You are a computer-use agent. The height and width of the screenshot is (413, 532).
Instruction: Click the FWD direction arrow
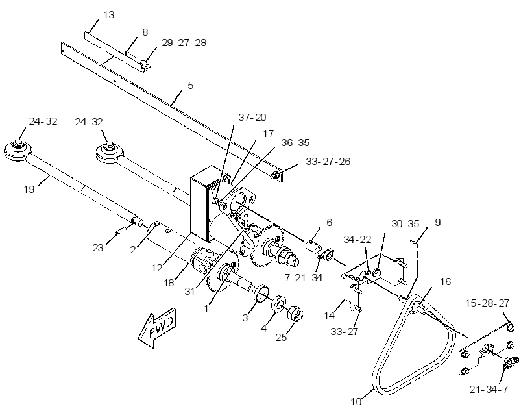click(157, 328)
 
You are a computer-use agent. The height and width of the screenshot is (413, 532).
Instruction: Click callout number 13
click(109, 15)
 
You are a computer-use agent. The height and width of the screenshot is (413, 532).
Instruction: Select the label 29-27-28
click(184, 43)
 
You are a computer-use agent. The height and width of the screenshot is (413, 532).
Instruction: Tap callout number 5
click(190, 85)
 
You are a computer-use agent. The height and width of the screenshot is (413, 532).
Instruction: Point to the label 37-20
click(252, 118)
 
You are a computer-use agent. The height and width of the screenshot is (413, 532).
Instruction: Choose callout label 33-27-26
click(328, 161)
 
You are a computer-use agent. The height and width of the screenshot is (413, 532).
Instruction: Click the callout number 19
click(29, 189)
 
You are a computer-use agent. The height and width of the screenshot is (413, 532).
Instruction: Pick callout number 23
click(98, 248)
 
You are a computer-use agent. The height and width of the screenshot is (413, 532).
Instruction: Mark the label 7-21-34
click(304, 278)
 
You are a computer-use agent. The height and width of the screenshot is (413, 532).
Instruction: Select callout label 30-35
click(405, 224)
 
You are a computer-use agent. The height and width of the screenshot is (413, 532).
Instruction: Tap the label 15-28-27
click(487, 303)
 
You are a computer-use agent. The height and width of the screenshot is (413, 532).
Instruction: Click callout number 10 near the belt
click(356, 402)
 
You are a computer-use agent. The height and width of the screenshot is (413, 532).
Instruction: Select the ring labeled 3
click(261, 293)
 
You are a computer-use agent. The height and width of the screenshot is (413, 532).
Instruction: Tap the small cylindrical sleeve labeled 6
click(315, 247)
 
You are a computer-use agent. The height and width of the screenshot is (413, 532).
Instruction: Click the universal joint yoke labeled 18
click(202, 261)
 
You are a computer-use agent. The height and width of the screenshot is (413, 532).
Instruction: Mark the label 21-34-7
click(489, 390)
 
